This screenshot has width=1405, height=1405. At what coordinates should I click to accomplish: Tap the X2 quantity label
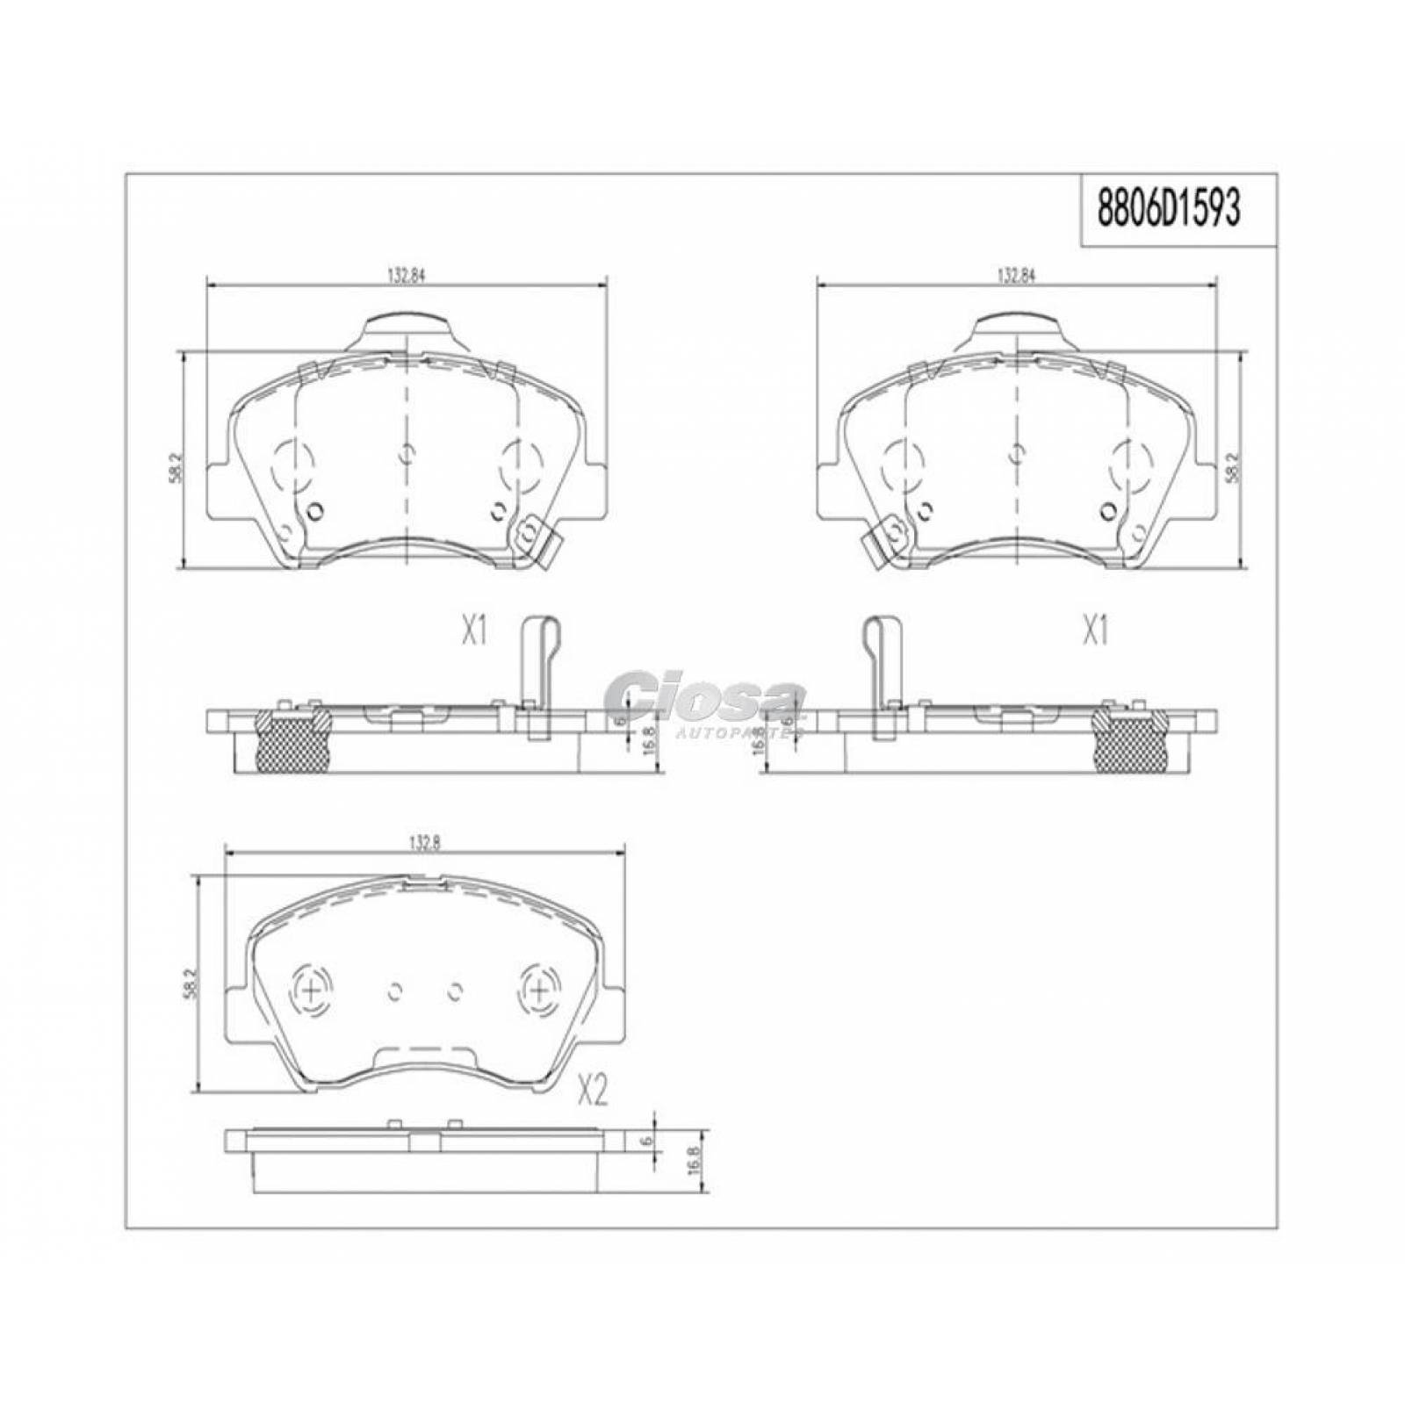point(594,1092)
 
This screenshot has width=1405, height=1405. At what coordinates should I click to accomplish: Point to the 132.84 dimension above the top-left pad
point(407,275)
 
